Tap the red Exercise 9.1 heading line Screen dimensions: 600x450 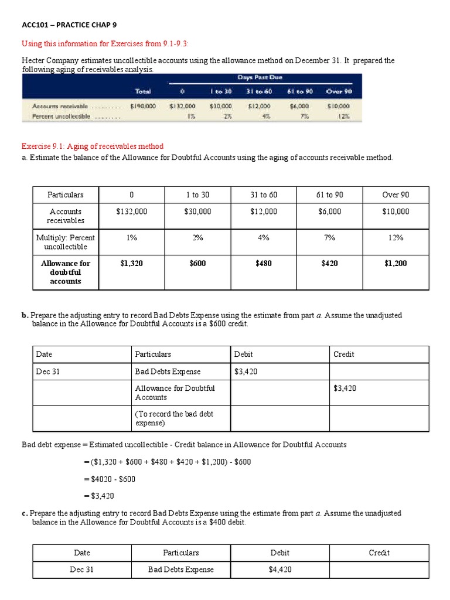93,146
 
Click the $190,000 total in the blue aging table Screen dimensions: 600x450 142,106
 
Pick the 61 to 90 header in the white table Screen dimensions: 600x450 330,195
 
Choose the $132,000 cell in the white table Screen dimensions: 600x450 132,212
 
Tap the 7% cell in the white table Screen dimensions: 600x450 330,237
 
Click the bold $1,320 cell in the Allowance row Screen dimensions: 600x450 132,264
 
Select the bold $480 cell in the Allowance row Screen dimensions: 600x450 264,264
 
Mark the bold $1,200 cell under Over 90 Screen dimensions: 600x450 396,264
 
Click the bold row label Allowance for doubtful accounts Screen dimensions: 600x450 66,272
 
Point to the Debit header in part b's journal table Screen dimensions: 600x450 244,354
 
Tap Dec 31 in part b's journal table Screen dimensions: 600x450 48,371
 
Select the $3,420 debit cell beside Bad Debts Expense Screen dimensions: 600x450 246,371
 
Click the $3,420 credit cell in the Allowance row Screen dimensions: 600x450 345,388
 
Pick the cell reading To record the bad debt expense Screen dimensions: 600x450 174,418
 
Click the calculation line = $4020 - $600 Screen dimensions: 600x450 110,479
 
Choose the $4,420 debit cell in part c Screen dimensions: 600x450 280,570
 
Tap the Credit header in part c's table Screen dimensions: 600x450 379,553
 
